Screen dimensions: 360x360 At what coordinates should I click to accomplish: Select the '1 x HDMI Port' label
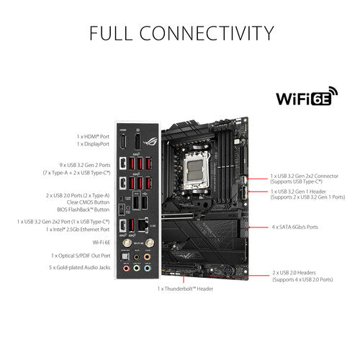tap(94, 136)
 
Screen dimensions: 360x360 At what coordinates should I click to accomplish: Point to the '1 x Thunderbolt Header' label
tap(186, 288)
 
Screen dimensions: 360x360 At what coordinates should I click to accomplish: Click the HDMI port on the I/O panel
tap(123, 141)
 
